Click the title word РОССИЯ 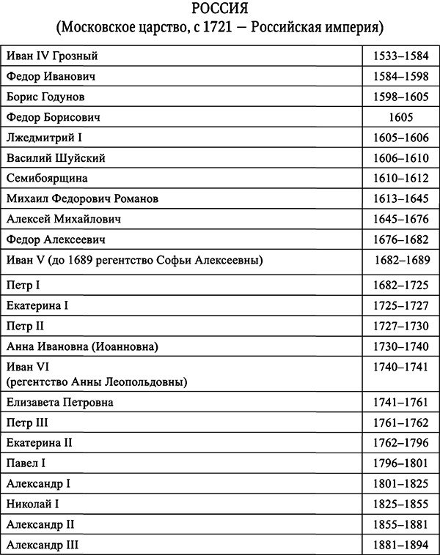point(219,10)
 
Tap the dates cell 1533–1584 point(400,56)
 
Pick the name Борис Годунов point(46,97)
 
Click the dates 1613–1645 point(400,198)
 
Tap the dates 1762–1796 point(400,443)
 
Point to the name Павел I point(26,463)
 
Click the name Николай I point(33,504)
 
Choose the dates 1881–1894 point(400,545)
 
